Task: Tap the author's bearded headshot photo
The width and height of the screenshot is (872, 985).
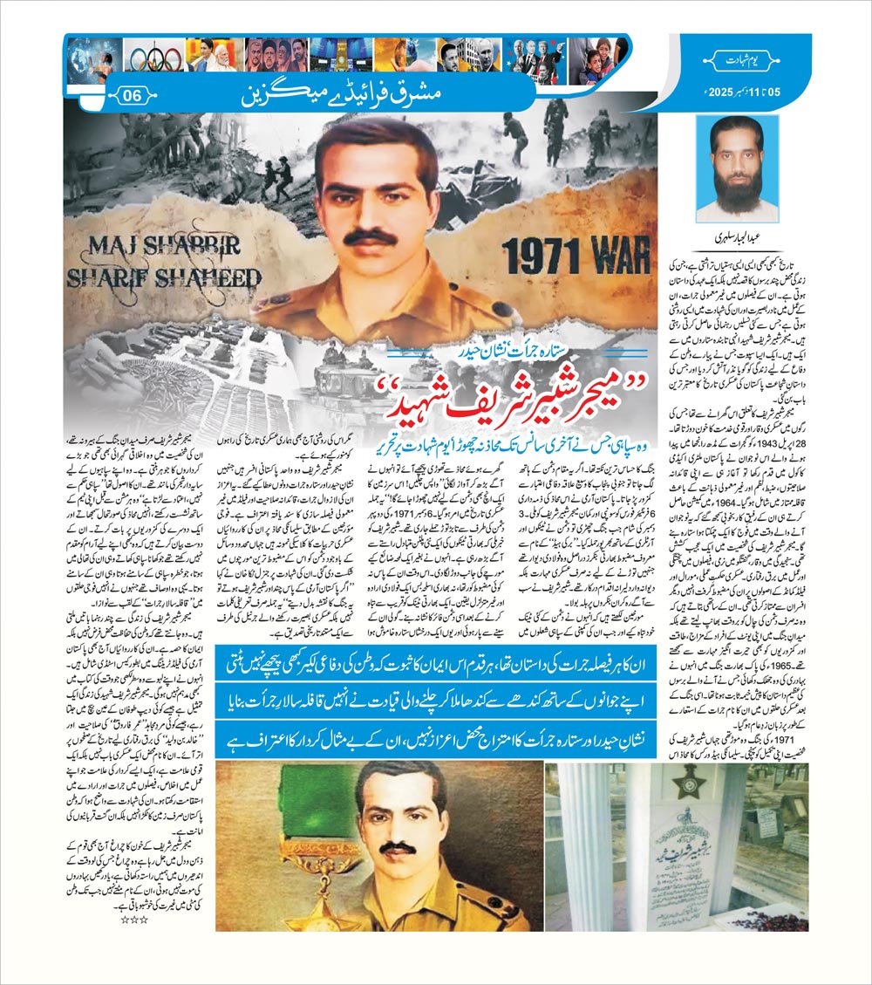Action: [x=743, y=169]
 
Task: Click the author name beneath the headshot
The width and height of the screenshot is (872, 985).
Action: [x=743, y=235]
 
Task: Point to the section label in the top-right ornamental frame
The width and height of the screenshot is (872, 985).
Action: [x=742, y=58]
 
